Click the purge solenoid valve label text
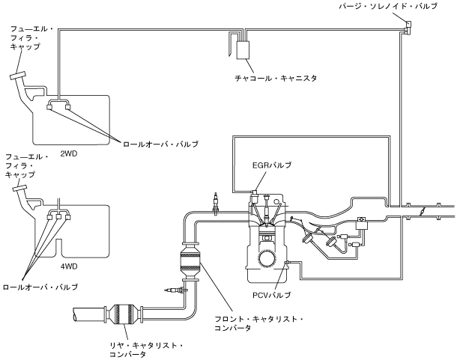tap(388, 6)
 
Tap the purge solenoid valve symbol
tap(408, 27)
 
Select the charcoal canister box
tap(243, 50)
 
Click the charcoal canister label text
tap(276, 79)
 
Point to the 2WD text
tap(69, 153)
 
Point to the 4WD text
tap(69, 266)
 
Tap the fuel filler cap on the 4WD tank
tap(19, 188)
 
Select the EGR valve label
tap(272, 165)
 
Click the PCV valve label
tap(272, 296)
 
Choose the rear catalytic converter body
tap(124, 314)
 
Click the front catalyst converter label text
tap(258, 323)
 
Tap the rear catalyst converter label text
tap(146, 350)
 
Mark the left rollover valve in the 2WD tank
tap(49, 107)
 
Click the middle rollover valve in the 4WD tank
tap(58, 217)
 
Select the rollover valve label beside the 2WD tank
tap(160, 144)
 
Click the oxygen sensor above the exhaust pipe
tap(216, 203)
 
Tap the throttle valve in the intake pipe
tap(422, 211)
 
